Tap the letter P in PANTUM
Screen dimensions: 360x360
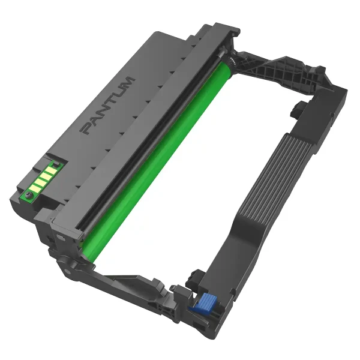(x=87, y=128)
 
